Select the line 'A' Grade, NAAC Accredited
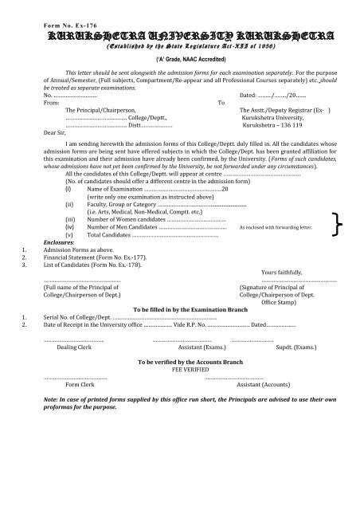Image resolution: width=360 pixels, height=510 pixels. (x=179, y=60)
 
